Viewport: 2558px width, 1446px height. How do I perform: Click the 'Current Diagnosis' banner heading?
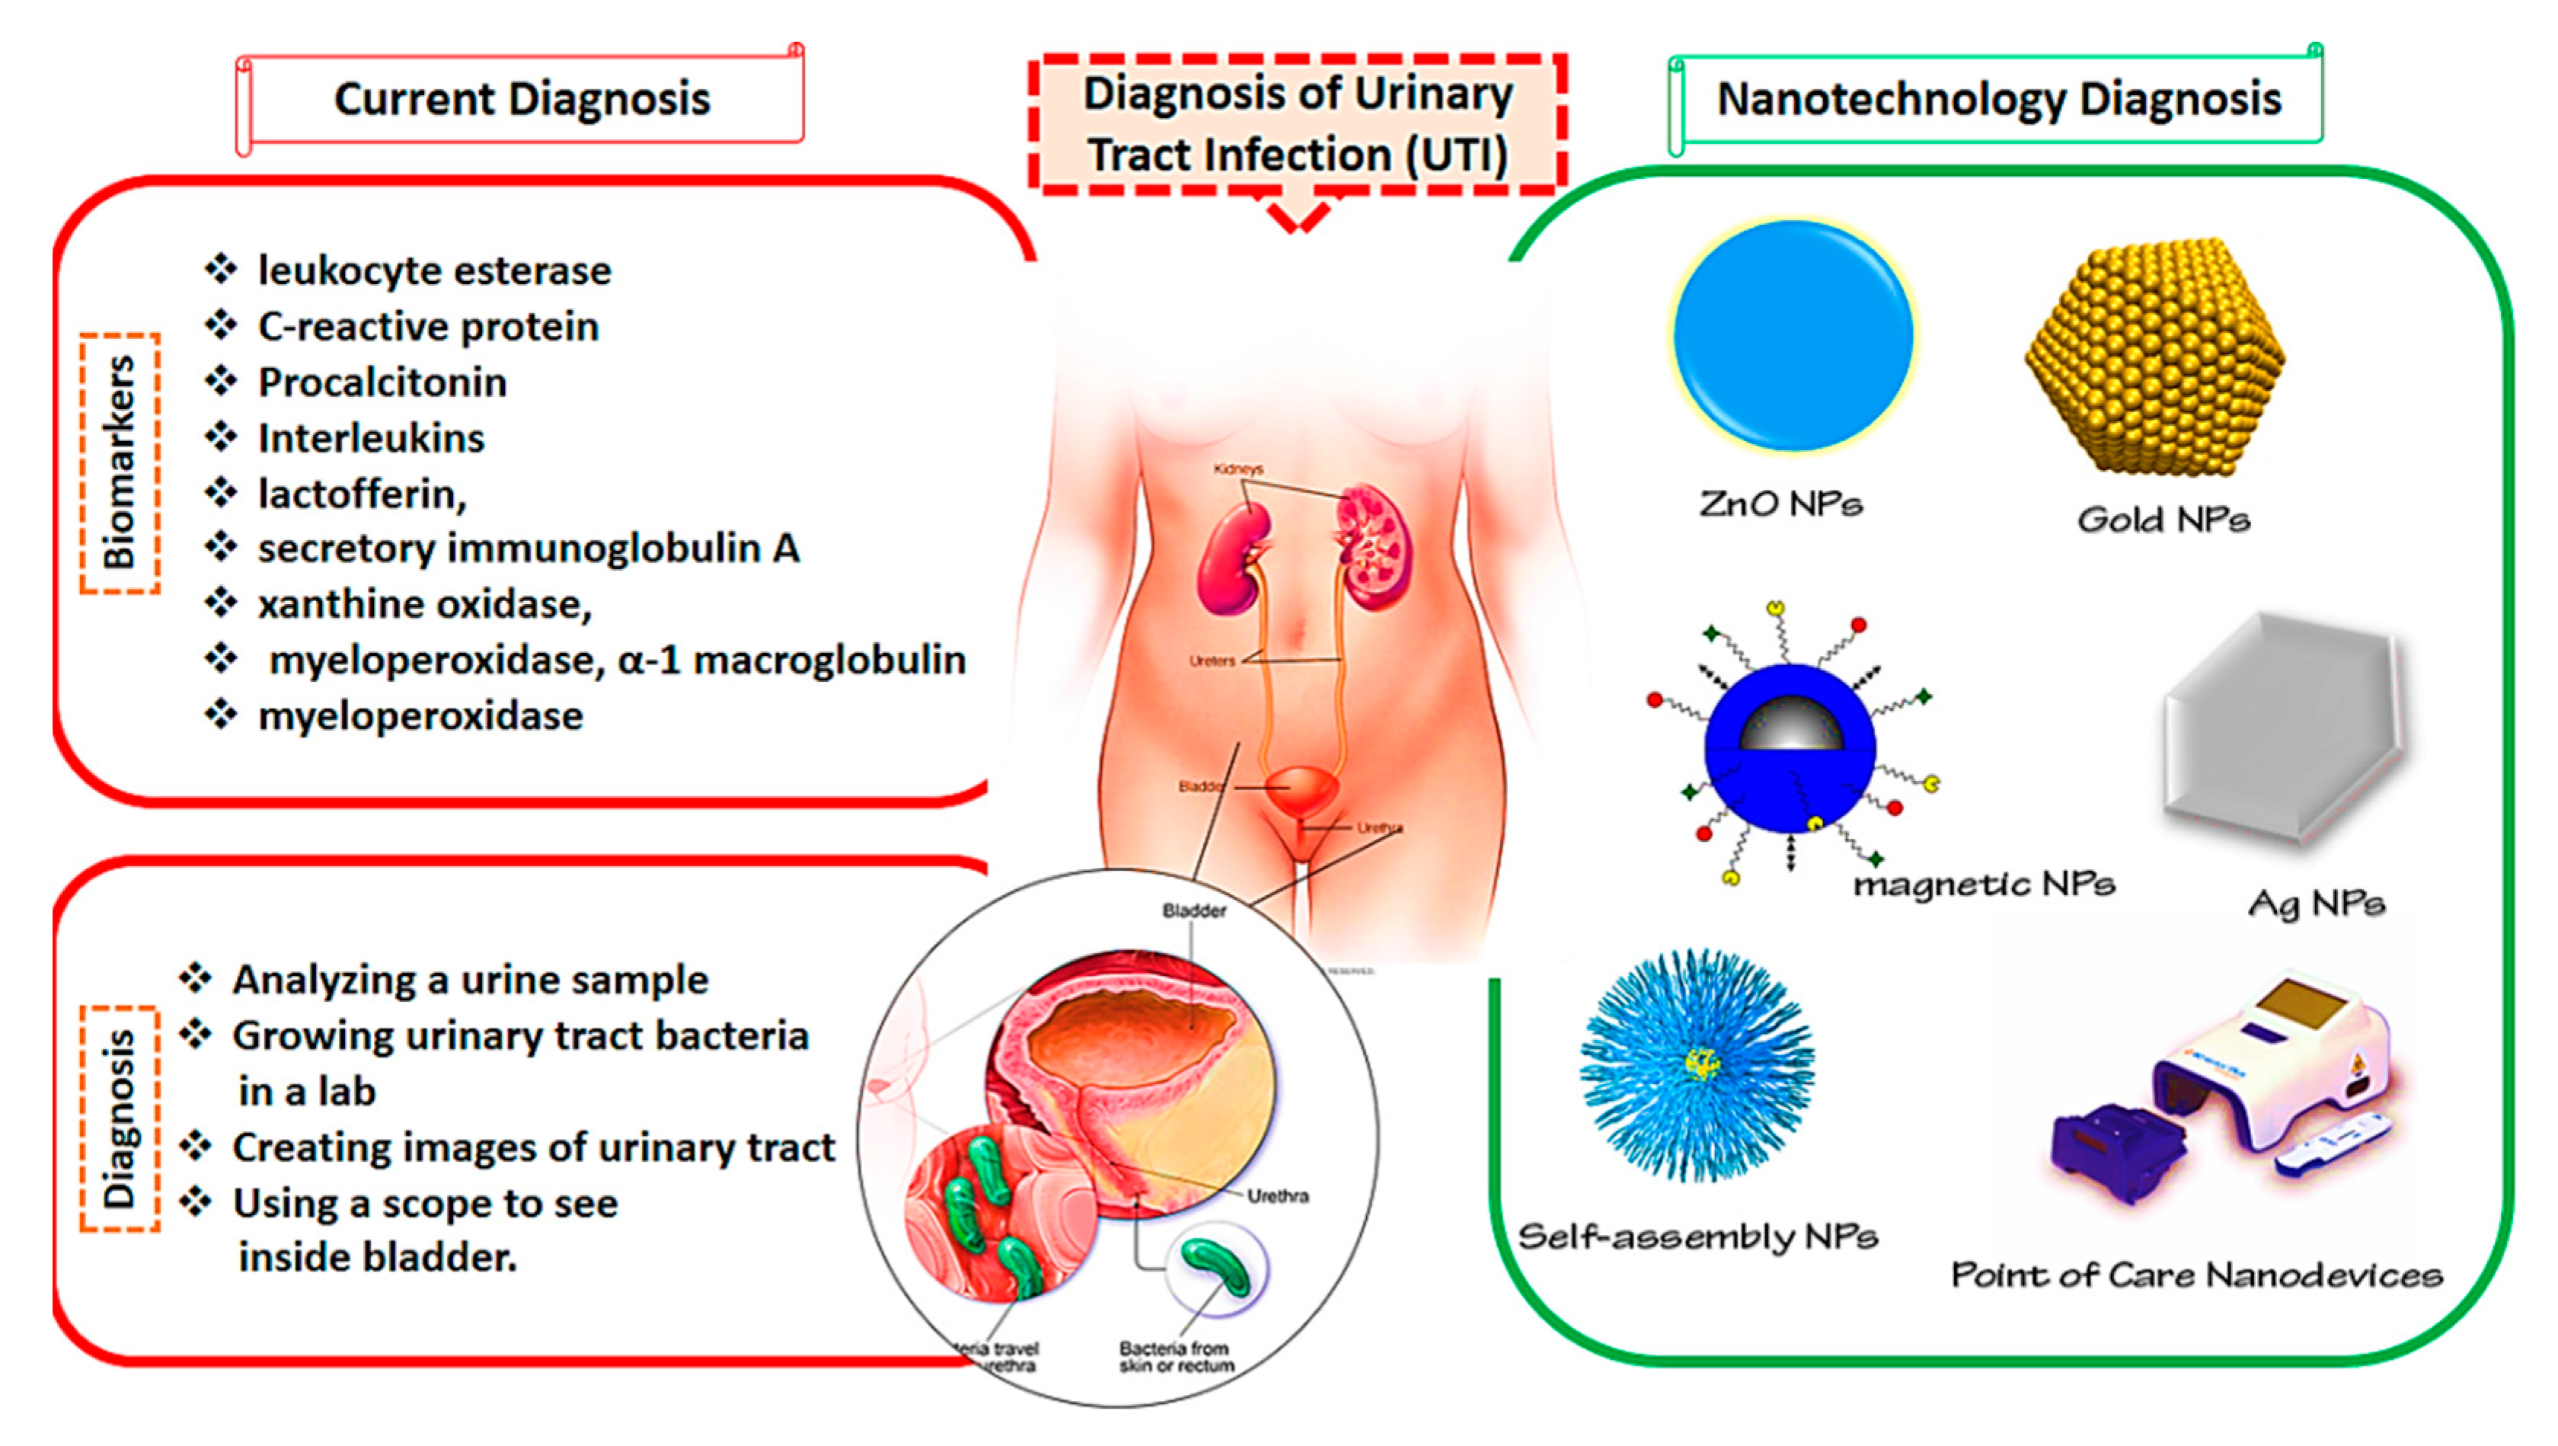coord(522,99)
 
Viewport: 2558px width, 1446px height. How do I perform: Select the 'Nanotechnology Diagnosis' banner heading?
coord(1999,99)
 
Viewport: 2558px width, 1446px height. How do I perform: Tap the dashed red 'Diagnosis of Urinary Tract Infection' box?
coord(1297,124)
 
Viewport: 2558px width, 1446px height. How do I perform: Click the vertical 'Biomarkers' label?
coord(119,462)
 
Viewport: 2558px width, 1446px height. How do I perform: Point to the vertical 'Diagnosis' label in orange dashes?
coord(119,1118)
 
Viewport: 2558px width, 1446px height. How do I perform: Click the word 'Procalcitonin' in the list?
coord(382,382)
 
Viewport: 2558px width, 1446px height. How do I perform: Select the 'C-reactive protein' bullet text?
coord(428,327)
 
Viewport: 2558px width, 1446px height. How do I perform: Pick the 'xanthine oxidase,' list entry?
coord(425,604)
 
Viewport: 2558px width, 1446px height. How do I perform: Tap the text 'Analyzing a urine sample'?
coord(470,981)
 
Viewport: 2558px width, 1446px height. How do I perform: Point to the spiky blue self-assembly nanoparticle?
coord(1698,1064)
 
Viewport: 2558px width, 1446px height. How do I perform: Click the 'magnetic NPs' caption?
coord(1984,884)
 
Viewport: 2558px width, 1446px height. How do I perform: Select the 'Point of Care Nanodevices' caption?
coord(2196,1274)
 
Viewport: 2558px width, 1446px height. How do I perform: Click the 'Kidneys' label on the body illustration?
coord(1237,469)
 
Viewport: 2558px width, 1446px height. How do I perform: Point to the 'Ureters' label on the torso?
coord(1212,661)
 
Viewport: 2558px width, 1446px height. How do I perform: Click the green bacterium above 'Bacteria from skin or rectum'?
coord(1216,1266)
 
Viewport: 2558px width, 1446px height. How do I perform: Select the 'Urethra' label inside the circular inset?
coord(1277,1196)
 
